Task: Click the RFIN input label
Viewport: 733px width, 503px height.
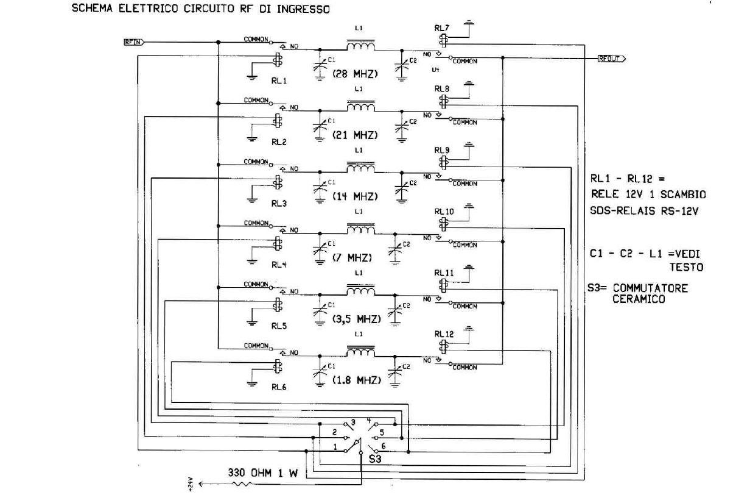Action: point(132,42)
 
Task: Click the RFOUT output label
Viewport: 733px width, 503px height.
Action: point(610,59)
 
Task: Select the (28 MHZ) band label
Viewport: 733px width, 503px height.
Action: point(356,74)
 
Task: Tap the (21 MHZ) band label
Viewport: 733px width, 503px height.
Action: point(356,135)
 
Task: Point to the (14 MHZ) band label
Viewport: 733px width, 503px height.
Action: point(356,196)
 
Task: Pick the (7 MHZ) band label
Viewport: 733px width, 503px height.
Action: point(352,257)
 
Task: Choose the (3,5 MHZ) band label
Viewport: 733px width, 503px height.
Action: point(357,319)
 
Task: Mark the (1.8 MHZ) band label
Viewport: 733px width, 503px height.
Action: point(357,380)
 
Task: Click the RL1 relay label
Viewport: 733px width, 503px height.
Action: point(279,80)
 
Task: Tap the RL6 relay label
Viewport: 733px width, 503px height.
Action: point(279,385)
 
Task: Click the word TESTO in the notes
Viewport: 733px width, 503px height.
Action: point(687,267)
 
